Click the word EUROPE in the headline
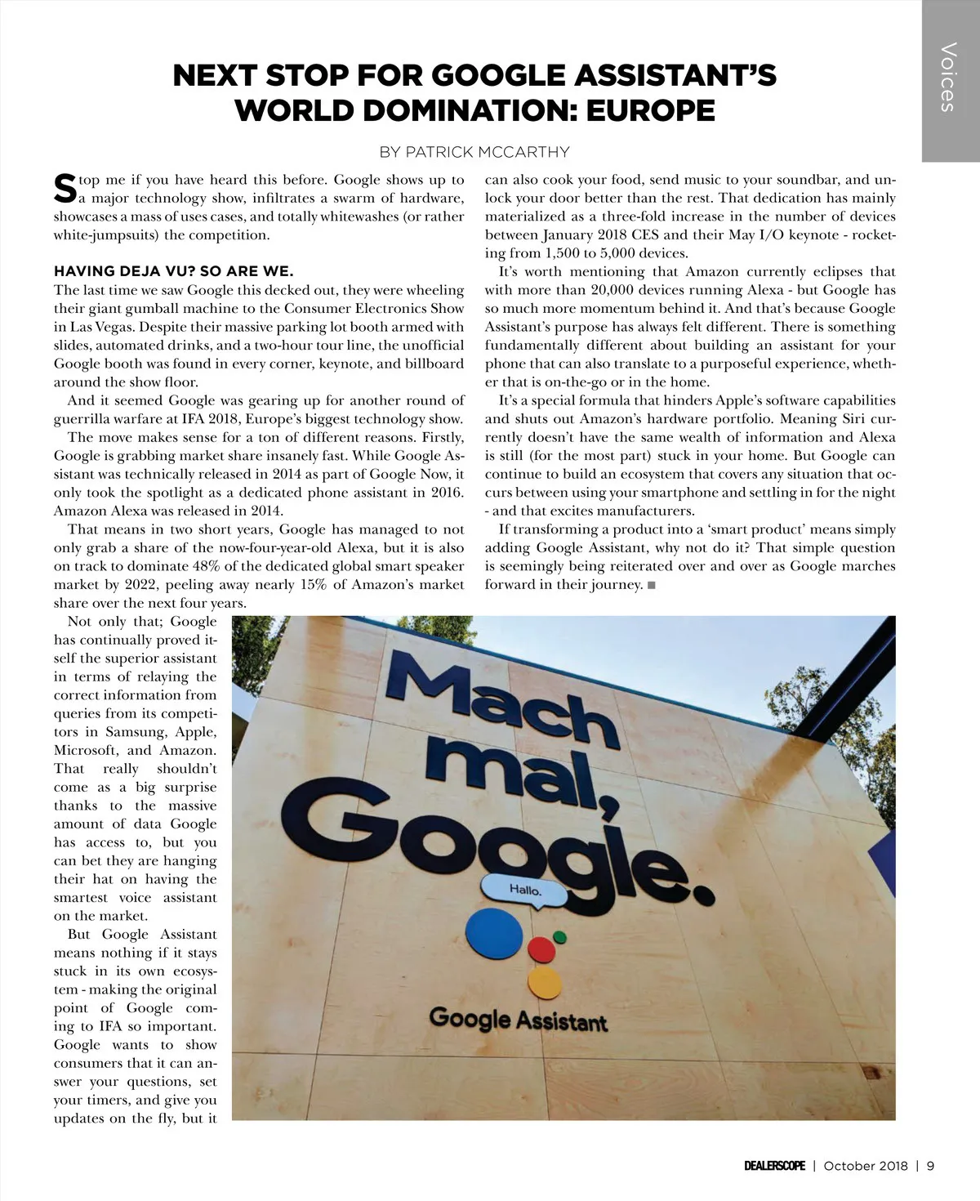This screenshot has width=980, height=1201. click(x=650, y=110)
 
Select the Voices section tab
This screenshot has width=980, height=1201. click(x=949, y=78)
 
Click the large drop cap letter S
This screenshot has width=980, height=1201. click(x=65, y=189)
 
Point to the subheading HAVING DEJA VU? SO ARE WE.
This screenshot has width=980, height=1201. click(x=173, y=271)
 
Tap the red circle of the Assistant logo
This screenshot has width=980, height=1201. click(x=541, y=950)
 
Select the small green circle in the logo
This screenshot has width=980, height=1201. click(x=559, y=936)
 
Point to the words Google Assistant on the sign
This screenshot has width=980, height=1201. click(x=519, y=1020)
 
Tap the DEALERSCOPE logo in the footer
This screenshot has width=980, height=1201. click(x=774, y=1166)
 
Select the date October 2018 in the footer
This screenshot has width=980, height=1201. click(x=866, y=1166)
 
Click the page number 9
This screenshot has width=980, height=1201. click(x=930, y=1166)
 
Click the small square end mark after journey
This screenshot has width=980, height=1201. click(x=651, y=585)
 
